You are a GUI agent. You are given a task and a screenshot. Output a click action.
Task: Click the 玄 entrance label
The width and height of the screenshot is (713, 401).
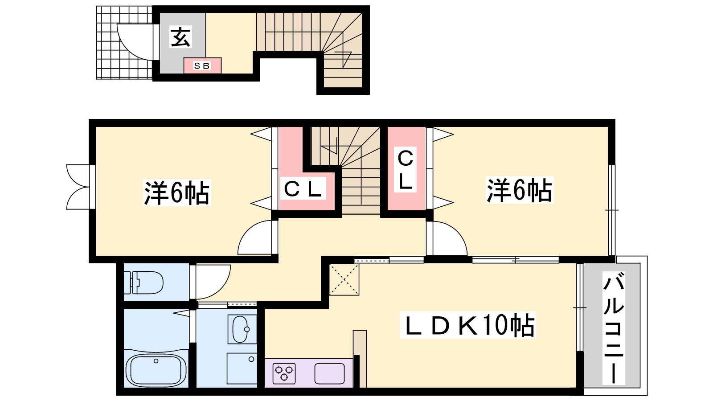(181, 37)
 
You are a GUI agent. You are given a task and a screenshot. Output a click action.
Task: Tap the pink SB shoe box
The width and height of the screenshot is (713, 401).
(202, 65)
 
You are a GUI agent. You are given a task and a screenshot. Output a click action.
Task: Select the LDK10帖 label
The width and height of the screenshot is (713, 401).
(467, 325)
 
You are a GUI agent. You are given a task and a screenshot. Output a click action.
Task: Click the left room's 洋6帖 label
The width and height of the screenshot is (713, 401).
(176, 192)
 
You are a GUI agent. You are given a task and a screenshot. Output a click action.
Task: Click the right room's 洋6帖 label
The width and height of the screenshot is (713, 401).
(520, 190)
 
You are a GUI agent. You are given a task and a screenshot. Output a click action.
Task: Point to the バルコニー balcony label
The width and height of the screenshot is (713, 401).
(613, 328)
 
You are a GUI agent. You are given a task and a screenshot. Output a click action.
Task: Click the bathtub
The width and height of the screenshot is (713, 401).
(156, 370)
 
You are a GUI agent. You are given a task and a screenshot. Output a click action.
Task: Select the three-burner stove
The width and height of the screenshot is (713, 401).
(284, 373)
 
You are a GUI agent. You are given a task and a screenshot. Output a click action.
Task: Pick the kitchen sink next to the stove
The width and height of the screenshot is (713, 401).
(330, 373)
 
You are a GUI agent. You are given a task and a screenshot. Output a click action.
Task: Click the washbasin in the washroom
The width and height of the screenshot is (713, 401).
(242, 329)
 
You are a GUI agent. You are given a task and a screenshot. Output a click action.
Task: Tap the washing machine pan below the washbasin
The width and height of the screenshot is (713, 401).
(242, 368)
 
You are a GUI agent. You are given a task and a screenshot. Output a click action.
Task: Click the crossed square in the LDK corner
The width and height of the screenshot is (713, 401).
(344, 280)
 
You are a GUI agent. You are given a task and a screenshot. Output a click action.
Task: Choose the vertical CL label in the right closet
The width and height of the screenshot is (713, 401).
(405, 170)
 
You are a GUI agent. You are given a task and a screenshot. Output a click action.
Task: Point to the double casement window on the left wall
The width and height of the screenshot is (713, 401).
(78, 187)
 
